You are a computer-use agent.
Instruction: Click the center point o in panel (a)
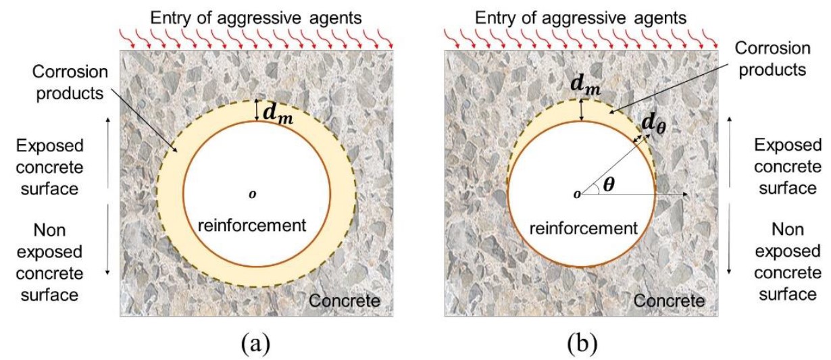tap(253, 195)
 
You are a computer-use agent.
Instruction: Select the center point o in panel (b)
tap(576, 195)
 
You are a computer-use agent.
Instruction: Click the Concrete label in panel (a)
tap(345, 301)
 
